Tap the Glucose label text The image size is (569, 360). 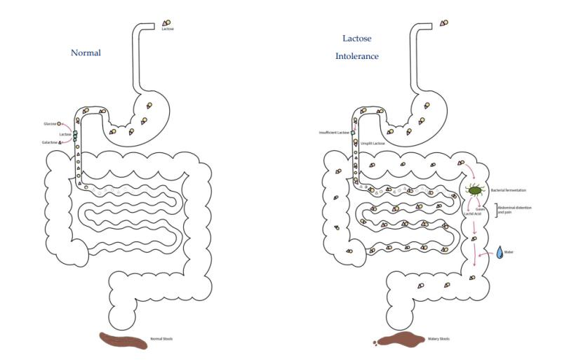(49, 123)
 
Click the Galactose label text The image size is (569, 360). (49, 142)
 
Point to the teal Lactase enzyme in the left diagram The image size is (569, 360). (74, 134)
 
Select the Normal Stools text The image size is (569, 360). (161, 339)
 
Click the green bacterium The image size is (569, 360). (476, 189)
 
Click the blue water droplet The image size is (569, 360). (500, 252)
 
